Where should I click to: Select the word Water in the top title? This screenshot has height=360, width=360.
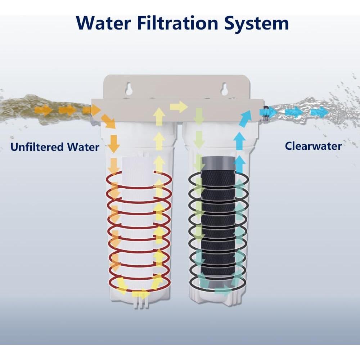[x=104, y=23]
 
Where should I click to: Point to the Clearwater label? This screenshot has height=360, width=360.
[x=313, y=146]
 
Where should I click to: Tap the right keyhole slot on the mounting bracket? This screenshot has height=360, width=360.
[x=224, y=87]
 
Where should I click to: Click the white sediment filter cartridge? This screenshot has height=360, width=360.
[x=139, y=223]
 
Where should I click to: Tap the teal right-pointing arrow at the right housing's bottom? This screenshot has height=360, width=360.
[x=223, y=289]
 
